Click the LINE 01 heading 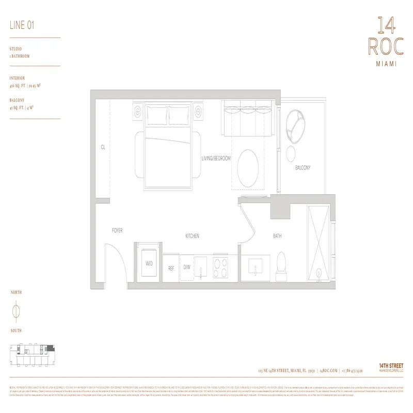point(22,25)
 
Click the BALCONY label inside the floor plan point(303,168)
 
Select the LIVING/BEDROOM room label point(216,158)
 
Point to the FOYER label point(117,230)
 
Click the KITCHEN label point(192,236)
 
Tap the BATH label point(277,236)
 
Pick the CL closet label point(103,147)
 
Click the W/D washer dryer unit point(149,263)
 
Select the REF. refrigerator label point(171,268)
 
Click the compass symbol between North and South point(16,311)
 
